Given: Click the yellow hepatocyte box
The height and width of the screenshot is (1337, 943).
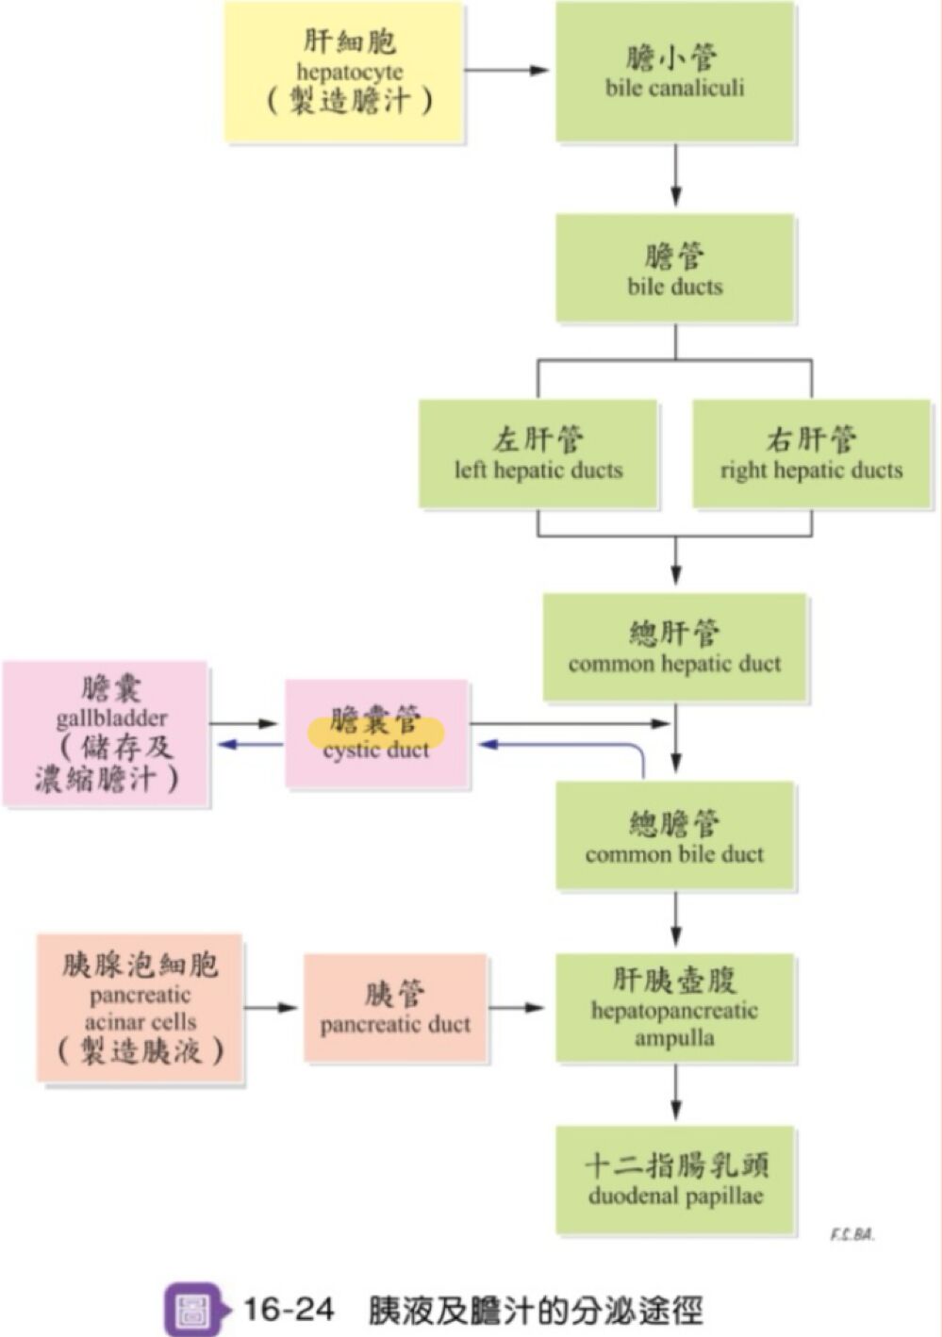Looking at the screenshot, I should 344,72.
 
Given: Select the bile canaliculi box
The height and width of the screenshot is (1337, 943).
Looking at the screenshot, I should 674,72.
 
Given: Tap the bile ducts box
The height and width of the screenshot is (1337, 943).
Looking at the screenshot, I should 674,269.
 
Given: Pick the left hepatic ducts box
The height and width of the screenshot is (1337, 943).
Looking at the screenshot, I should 538,454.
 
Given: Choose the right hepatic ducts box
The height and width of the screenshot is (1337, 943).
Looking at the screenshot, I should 811,454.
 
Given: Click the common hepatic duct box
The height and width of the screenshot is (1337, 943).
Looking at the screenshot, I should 674,648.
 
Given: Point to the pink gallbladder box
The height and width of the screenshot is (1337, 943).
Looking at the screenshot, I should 106,734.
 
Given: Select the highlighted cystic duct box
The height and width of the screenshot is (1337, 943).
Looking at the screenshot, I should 376,734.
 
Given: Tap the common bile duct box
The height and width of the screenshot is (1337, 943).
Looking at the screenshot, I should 674,836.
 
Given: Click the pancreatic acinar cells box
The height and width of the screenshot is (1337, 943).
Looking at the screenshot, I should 140,1008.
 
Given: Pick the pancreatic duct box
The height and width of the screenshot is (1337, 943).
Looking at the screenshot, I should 395,1008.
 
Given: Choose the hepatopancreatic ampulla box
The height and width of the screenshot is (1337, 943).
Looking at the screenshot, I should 674,1008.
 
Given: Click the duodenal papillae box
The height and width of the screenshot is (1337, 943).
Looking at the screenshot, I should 674,1180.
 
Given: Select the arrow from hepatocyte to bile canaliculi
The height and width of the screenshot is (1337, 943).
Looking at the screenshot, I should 507,71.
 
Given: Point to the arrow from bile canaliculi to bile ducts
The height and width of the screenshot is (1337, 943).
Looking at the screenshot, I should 675,175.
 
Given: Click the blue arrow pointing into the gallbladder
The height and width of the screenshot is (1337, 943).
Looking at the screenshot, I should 249,745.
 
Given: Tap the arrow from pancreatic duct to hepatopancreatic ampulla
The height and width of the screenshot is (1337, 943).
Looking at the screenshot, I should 516,1008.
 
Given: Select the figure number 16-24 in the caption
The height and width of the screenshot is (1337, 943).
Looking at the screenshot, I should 289,1310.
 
